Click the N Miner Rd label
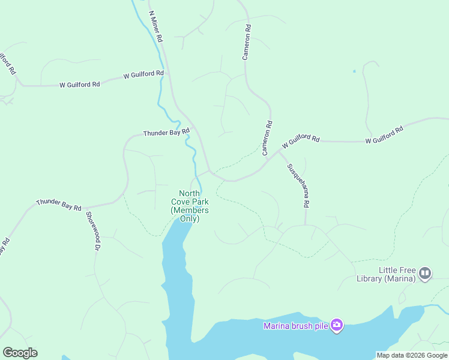(x=155, y=25)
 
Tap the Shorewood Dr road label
(x=92, y=230)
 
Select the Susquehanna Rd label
(x=298, y=185)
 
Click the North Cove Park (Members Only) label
(x=190, y=206)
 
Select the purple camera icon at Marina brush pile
(x=337, y=325)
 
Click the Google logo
(x=20, y=353)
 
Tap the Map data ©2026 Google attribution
(x=412, y=355)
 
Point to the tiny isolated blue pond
(x=354, y=71)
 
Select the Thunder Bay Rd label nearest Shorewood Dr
(x=59, y=205)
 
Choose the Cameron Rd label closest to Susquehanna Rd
(x=267, y=138)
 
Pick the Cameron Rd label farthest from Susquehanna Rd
(x=246, y=42)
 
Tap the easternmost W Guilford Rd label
(x=384, y=135)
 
